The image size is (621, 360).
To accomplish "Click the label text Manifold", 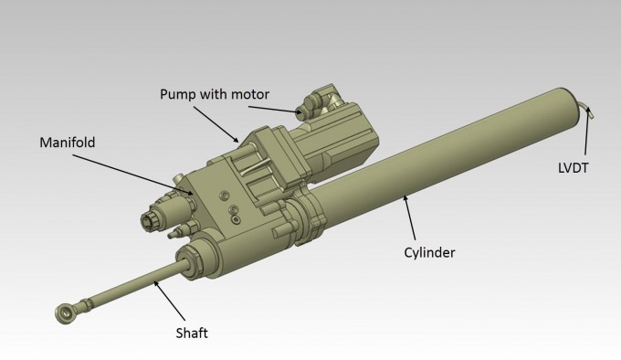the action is coord(68,143).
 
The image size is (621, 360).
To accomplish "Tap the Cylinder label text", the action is coord(429,253).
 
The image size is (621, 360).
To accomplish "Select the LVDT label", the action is coord(573,168).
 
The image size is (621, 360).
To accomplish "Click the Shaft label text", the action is coord(192,334).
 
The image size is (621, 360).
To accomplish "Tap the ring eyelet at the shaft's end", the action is coord(65,313).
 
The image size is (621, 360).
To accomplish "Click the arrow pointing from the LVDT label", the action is coord(586,131).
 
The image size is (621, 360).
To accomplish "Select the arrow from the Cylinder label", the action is coord(409,217).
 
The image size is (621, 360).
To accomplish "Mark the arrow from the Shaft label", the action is coord(169,300).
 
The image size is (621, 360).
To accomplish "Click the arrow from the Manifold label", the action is coord(133,175).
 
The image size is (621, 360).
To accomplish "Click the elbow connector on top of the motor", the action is coord(318,101).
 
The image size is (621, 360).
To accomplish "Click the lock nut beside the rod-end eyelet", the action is coord(86,305).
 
